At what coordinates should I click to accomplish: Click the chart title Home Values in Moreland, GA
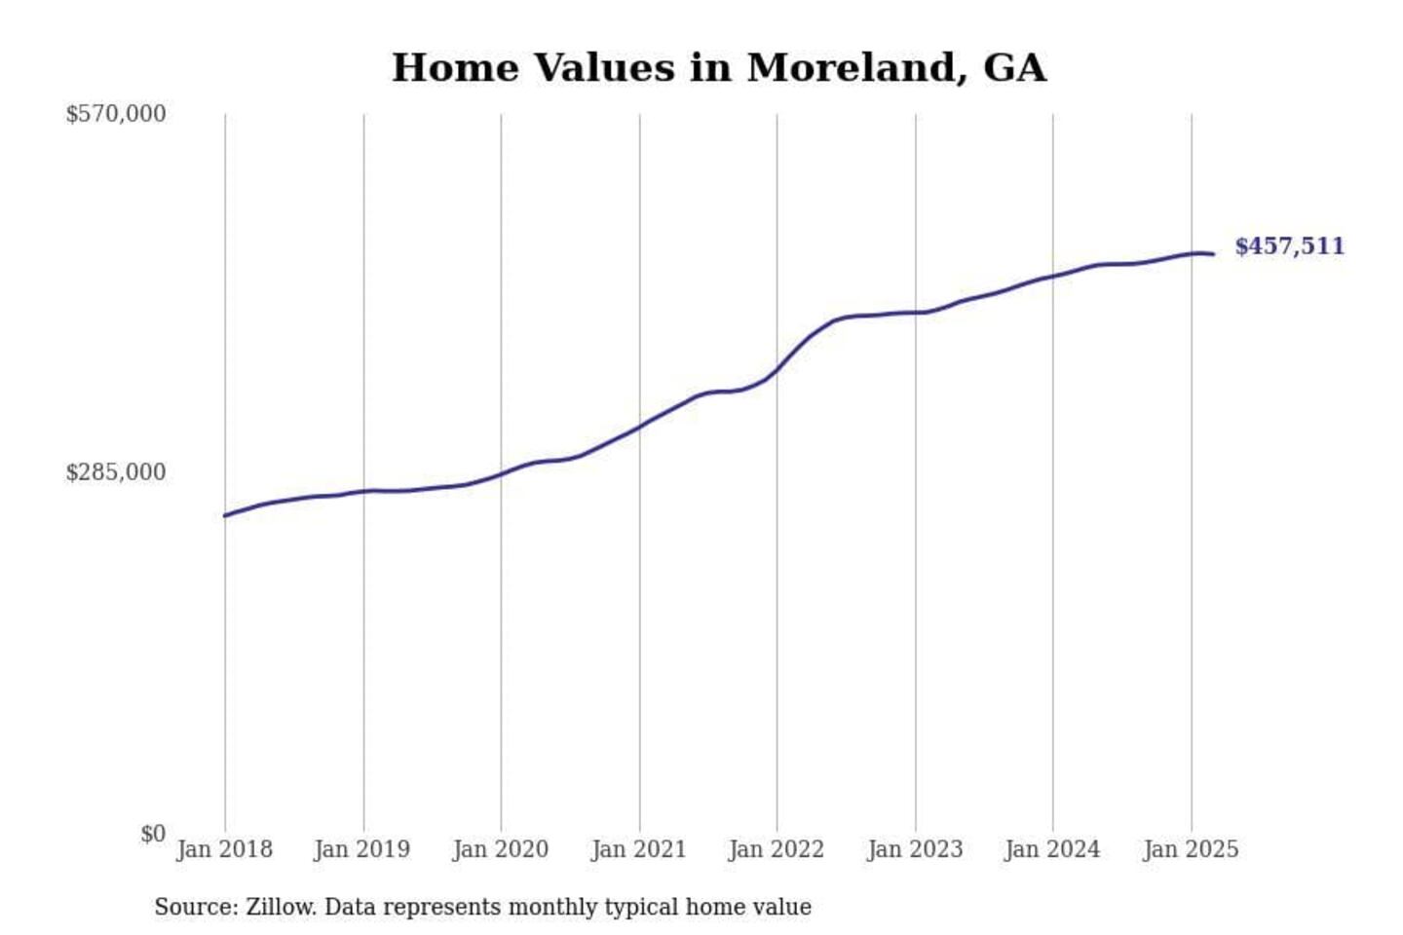[x=719, y=68]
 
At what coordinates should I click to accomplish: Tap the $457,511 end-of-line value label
[x=1289, y=246]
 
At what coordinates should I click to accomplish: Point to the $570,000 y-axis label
[x=116, y=114]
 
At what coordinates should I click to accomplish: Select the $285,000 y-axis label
[x=116, y=472]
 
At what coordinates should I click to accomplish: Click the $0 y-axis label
[x=153, y=834]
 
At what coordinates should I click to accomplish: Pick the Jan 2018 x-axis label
[x=224, y=849]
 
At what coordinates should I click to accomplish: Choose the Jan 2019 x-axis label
[x=362, y=849]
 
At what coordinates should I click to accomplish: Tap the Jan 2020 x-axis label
[x=501, y=849]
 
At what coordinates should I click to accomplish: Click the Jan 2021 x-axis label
[x=639, y=849]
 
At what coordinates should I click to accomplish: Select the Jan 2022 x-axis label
[x=777, y=849]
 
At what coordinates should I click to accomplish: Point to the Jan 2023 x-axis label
[x=915, y=849]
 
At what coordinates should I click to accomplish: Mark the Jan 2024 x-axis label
[x=1052, y=849]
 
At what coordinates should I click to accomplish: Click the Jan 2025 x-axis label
[x=1191, y=849]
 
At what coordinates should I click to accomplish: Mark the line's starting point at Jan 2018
[x=225, y=515]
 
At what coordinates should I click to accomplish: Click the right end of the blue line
[x=1213, y=254]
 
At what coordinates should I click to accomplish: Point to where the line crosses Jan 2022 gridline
[x=777, y=369]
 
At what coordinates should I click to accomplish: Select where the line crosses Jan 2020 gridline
[x=502, y=474]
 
